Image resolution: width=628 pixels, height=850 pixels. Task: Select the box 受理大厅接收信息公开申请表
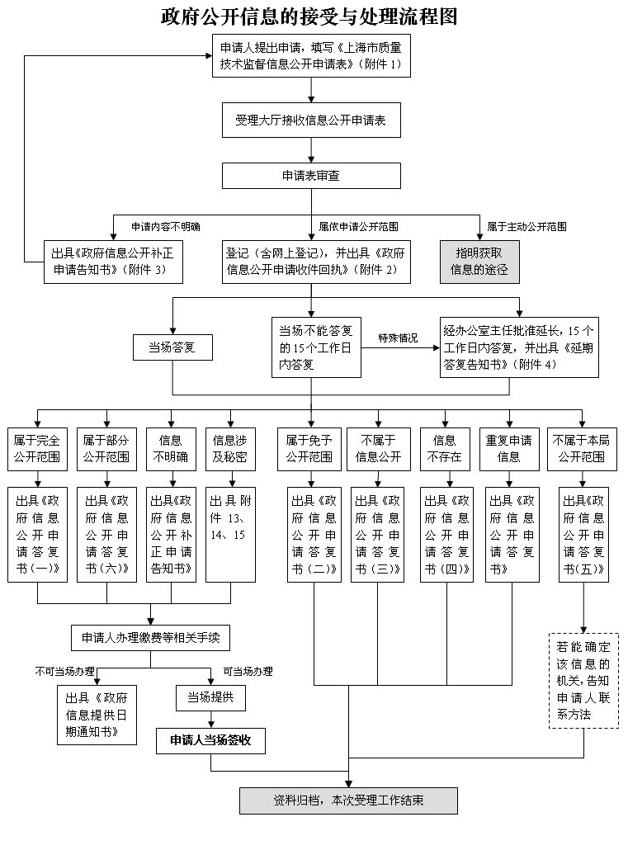point(311,120)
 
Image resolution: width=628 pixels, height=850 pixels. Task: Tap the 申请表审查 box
point(311,175)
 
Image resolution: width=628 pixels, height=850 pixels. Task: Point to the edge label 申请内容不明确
point(166,226)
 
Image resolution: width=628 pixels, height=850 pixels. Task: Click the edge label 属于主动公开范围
point(526,226)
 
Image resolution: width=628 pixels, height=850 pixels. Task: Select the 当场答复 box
point(172,347)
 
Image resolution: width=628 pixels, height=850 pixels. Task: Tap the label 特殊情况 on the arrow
point(399,338)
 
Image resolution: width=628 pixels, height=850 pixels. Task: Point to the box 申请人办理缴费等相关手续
point(149,637)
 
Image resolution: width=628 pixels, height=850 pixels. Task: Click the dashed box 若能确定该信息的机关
point(583,680)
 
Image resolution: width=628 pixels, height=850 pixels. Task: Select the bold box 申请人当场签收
point(210,740)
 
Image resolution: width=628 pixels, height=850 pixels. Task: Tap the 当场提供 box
point(210,697)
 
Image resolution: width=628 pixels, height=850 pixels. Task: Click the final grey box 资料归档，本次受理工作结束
point(348,800)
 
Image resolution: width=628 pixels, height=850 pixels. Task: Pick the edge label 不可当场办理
point(64,671)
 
